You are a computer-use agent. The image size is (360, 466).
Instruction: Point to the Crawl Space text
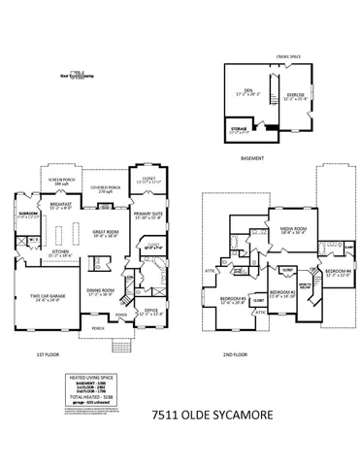point(288,57)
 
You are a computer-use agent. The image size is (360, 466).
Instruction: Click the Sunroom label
point(26,215)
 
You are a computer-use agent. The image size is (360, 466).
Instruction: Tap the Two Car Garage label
point(44,298)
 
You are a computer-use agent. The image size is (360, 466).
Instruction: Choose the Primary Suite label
point(149,215)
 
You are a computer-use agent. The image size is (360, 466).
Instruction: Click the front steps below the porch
point(119,345)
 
